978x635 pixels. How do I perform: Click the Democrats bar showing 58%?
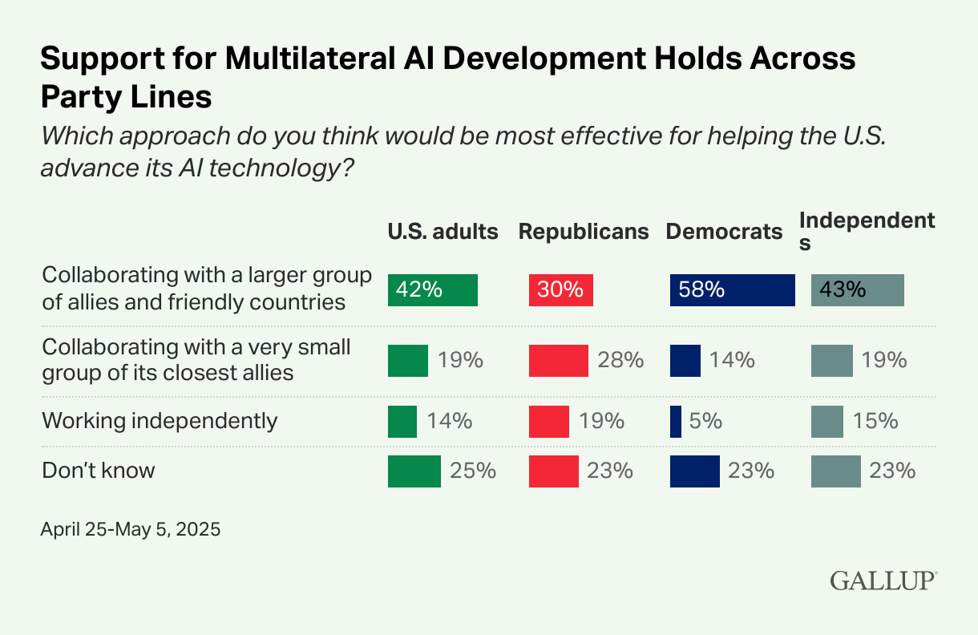pos(732,289)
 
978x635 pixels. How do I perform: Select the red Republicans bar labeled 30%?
pos(560,289)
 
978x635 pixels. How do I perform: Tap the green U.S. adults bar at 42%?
pos(432,289)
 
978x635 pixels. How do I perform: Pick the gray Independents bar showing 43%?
pos(857,289)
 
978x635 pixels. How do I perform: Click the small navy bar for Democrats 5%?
pos(676,421)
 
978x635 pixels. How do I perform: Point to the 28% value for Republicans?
pos(621,360)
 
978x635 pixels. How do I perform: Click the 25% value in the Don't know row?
pos(473,471)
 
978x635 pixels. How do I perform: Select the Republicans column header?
pos(584,232)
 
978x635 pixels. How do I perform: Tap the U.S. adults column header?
pos(443,232)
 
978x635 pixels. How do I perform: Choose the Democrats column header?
pos(724,232)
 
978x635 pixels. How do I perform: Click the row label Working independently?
pos(160,421)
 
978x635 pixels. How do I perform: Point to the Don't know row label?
pos(98,471)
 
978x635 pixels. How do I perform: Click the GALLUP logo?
pos(883,580)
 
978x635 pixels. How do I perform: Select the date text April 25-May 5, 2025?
pos(130,530)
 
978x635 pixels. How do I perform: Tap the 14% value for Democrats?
pos(731,360)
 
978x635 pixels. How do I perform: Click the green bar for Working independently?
pos(402,421)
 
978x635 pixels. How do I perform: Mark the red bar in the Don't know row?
pos(553,471)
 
